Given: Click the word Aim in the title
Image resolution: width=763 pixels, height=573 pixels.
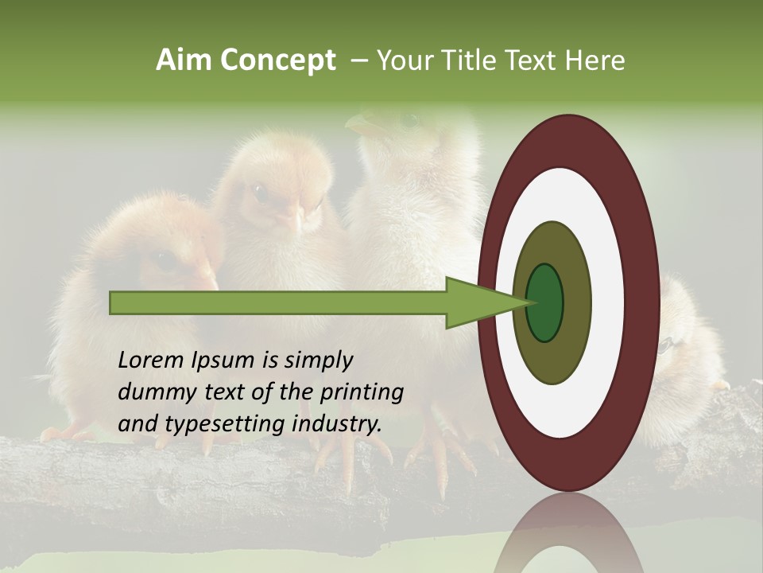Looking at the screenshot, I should click(x=184, y=60).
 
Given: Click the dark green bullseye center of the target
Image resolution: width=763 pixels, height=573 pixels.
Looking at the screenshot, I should click(x=545, y=303).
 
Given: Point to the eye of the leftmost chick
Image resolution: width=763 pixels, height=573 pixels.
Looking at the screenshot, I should click(x=163, y=259).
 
